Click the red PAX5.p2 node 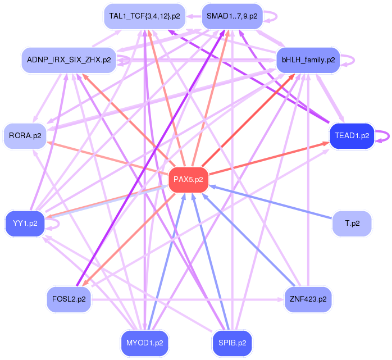coord(188,180)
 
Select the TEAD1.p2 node coord(352,135)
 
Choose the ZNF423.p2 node coord(308,299)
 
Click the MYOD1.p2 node coord(144,342)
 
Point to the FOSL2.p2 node coord(69,299)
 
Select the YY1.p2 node coord(25,223)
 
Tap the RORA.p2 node coord(25,135)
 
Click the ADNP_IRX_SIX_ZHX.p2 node coord(69,60)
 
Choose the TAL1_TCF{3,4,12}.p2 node coord(144,16)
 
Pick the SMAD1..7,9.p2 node coord(232,16)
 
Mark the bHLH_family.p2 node coord(308,60)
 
